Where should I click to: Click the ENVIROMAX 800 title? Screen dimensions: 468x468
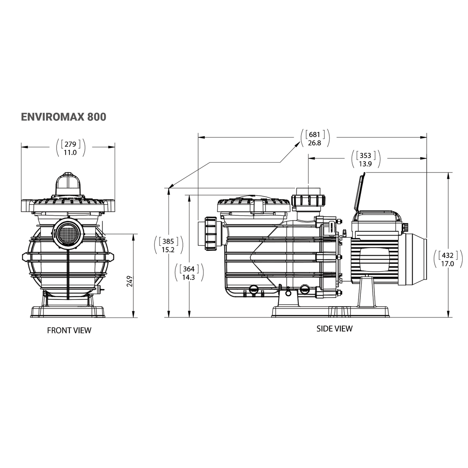63,117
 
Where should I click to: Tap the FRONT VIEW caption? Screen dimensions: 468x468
69,330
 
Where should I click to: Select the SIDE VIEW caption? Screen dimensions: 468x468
334,328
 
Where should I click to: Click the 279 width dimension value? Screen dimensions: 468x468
71,144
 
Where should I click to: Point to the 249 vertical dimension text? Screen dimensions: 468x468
130,281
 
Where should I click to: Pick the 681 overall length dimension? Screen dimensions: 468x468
315,135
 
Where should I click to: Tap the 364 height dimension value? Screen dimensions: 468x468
189,269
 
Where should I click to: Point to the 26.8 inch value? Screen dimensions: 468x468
314,143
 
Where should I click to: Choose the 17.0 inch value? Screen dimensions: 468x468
447,264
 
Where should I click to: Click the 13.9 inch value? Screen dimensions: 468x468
365,164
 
